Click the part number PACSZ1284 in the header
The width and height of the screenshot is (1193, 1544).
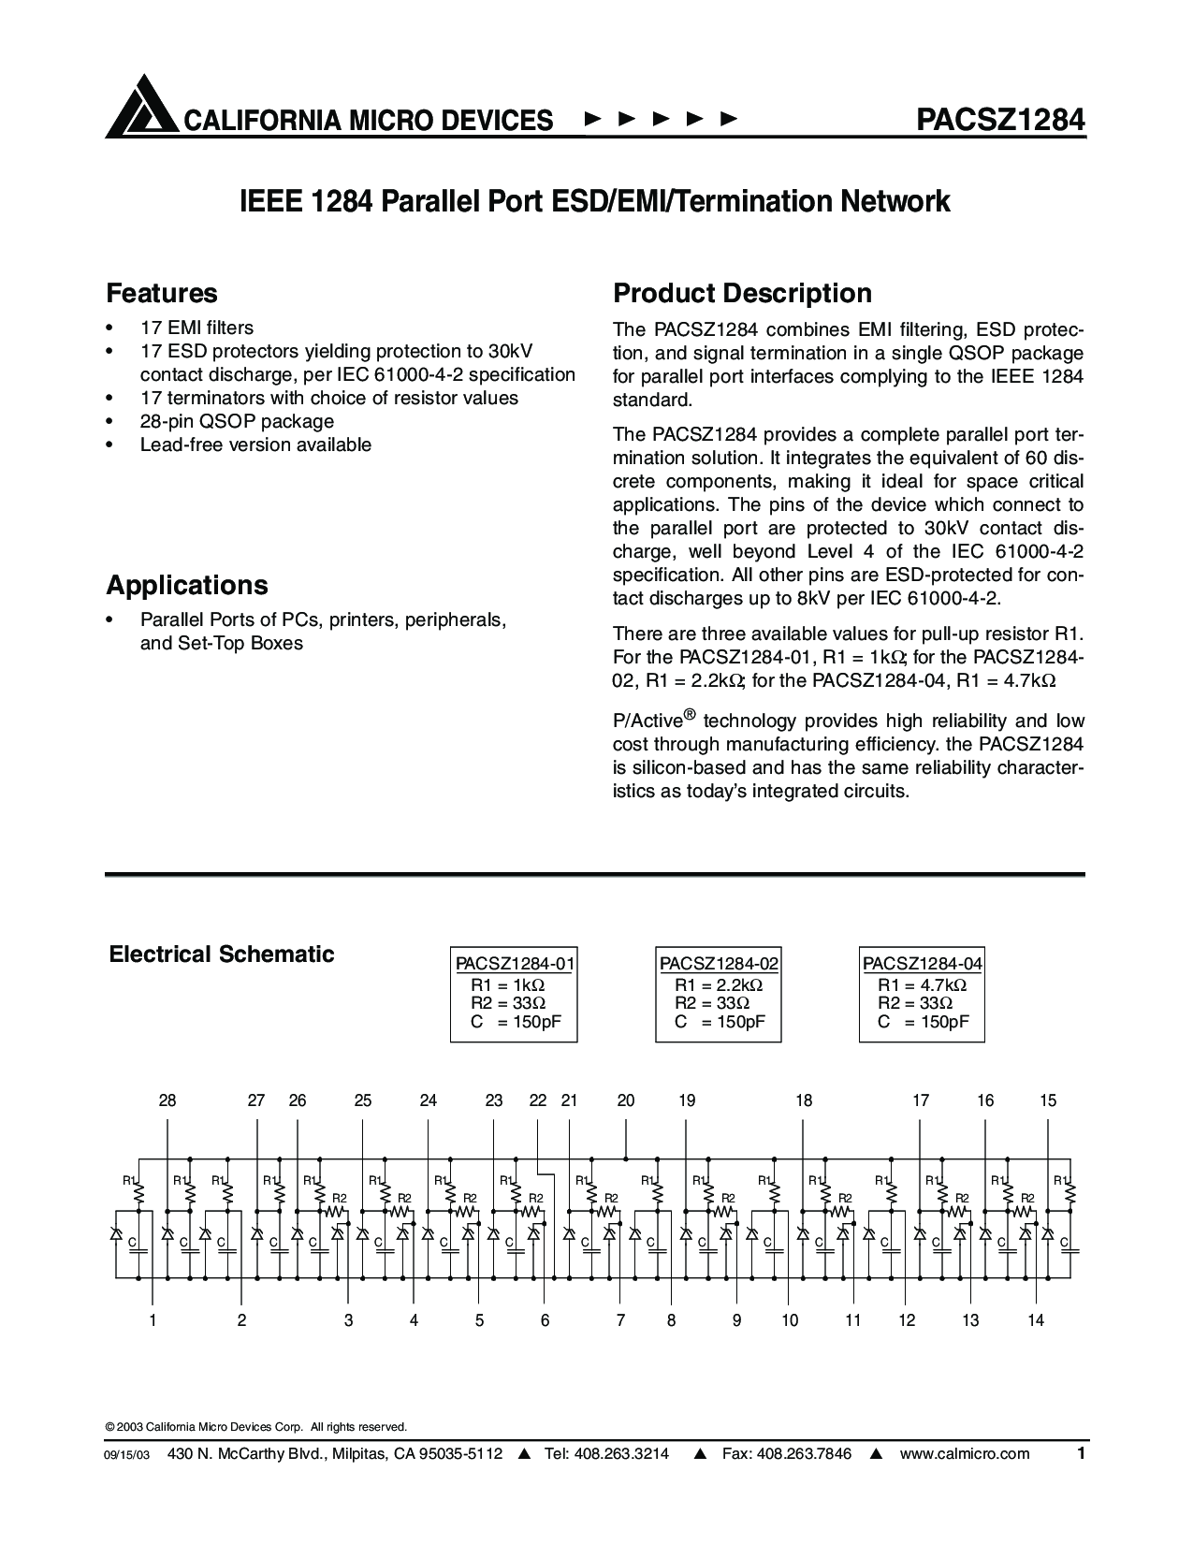tap(1000, 119)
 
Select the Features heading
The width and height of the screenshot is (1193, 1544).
tap(162, 293)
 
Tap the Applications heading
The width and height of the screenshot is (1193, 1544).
tap(187, 585)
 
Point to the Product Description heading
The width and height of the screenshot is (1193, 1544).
tap(742, 293)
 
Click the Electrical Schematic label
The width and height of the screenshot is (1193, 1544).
tap(222, 954)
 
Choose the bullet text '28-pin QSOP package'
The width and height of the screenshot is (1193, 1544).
tap(237, 421)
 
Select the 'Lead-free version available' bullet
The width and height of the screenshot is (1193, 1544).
tap(255, 444)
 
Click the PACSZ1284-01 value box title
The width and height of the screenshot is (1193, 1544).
tap(514, 964)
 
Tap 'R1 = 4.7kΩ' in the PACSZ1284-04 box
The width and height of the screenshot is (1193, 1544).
tap(922, 985)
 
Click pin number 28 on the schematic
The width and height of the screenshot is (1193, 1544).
tap(167, 1100)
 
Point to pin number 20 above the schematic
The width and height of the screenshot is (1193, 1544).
tap(626, 1100)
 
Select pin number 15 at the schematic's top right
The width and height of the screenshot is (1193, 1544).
tap(1048, 1100)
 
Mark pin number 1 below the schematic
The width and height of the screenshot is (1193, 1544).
tap(152, 1320)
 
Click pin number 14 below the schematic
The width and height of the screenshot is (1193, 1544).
tap(1035, 1320)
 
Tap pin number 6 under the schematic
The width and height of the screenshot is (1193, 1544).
tap(545, 1320)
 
